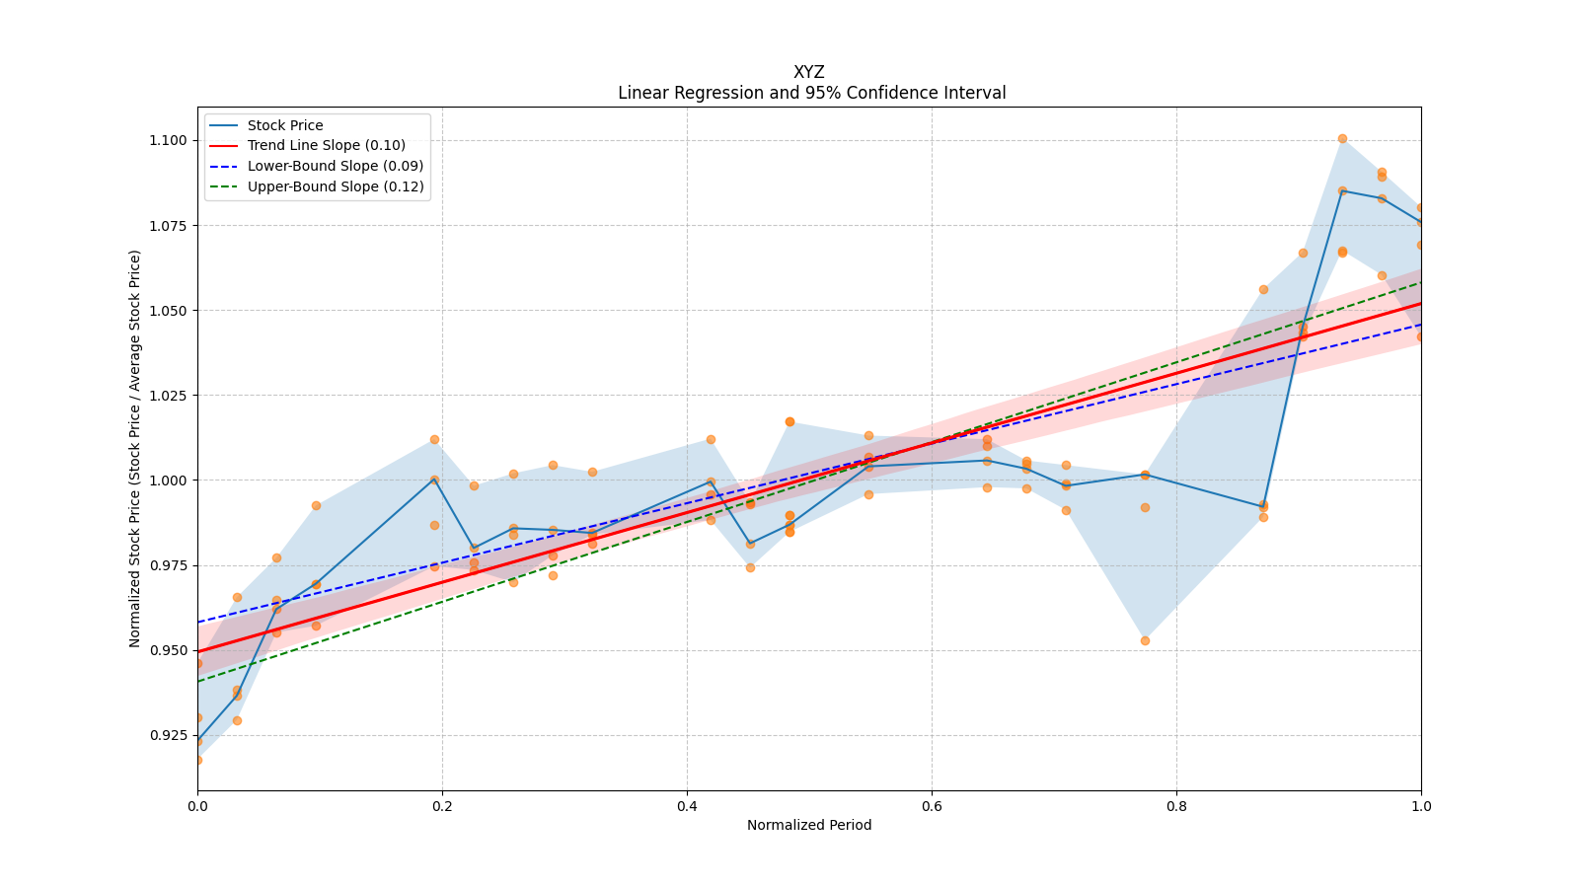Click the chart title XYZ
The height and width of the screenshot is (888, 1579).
(808, 72)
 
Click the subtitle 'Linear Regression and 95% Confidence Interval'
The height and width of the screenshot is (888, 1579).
(811, 93)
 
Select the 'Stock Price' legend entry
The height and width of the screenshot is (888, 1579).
(285, 125)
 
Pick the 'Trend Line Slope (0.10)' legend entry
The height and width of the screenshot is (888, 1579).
(326, 146)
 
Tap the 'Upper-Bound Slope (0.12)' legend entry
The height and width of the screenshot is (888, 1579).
(336, 186)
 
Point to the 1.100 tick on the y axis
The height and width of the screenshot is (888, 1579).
(167, 140)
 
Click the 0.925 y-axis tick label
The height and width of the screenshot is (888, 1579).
(167, 736)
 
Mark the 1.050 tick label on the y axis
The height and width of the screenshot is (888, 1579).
(167, 311)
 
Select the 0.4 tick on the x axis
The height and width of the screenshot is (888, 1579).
(687, 806)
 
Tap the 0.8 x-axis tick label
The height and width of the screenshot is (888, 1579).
(1176, 806)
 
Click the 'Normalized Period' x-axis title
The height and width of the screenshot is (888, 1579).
(809, 825)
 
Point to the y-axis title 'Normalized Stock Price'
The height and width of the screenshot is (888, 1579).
(135, 448)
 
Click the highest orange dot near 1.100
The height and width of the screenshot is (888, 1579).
(1342, 139)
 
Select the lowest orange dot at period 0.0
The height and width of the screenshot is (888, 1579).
(198, 760)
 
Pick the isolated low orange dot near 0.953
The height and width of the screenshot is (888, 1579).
(1145, 640)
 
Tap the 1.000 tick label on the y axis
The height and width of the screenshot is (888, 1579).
(167, 481)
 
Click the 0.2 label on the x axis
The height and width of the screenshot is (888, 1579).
(442, 806)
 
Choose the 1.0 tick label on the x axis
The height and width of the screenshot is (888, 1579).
(1421, 806)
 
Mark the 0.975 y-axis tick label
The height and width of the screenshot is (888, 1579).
(167, 566)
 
